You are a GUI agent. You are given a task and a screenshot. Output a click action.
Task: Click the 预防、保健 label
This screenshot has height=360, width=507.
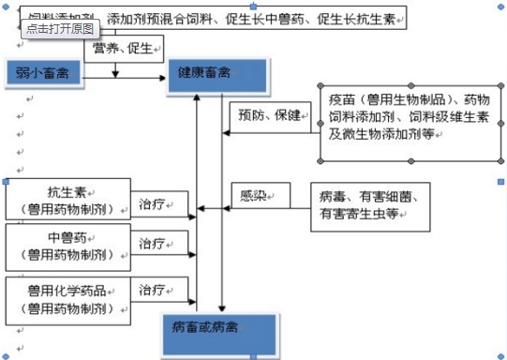(x=270, y=115)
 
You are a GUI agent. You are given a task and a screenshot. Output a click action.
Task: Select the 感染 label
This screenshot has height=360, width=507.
(x=254, y=196)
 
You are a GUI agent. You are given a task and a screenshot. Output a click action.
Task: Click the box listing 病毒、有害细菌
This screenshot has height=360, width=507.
(x=371, y=206)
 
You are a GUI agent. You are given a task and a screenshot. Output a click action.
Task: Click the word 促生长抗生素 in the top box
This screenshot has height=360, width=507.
(x=360, y=18)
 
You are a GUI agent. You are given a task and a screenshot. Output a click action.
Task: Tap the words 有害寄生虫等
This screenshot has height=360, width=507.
(x=360, y=215)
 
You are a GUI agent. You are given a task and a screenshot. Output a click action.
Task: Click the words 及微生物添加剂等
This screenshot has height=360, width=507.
(x=380, y=134)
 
